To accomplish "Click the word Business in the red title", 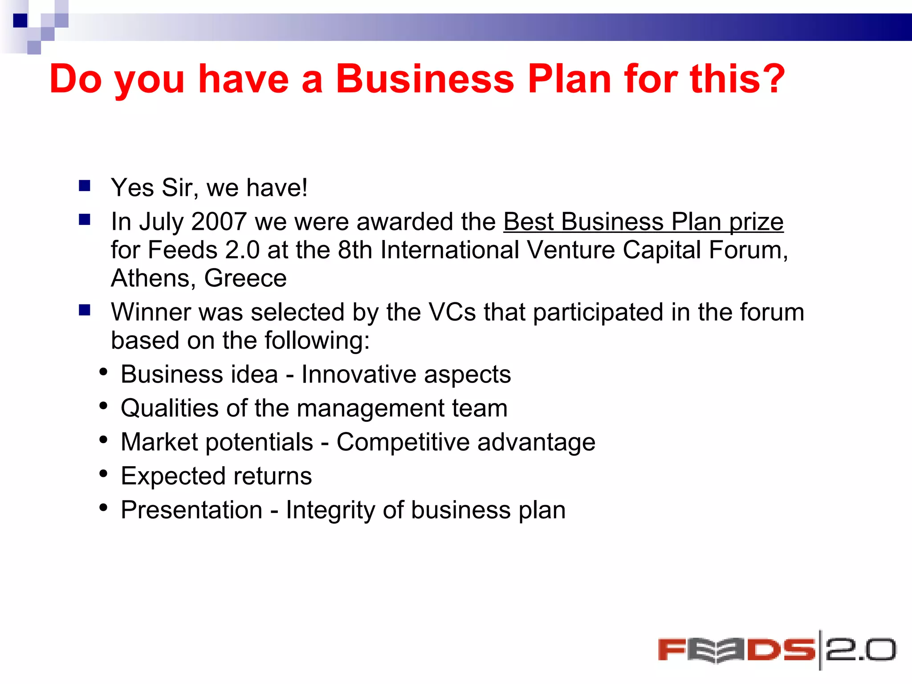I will click(425, 79).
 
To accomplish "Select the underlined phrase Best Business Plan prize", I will click(643, 222).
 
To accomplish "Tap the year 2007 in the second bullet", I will click(219, 222).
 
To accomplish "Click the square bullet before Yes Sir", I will click(85, 185).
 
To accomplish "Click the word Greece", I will click(245, 278).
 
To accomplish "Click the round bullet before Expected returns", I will click(104, 474).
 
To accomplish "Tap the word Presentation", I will click(191, 510).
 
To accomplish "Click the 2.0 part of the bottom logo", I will click(860, 650).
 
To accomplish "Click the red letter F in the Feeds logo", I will click(672, 650).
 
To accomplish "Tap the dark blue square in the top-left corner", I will click(20, 20).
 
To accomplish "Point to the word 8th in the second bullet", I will click(355, 250).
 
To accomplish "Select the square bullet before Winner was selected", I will click(85, 310).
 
